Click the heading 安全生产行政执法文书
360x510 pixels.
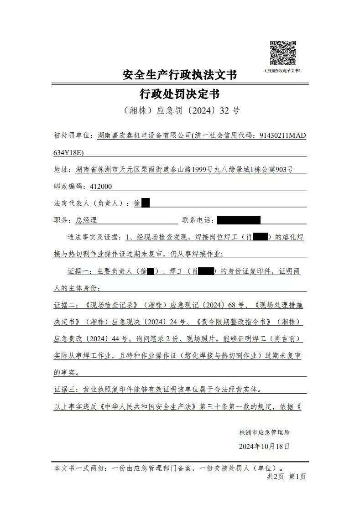(180, 75)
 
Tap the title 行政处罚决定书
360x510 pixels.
(180, 94)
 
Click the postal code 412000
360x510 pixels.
(101, 186)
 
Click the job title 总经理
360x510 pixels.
(86, 220)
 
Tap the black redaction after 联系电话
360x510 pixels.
(239, 220)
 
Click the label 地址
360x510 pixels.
(63, 170)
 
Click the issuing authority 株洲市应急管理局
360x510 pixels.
(264, 432)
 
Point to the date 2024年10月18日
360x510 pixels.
(264, 446)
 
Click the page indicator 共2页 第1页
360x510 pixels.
(286, 477)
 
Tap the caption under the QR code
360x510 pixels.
(282, 71)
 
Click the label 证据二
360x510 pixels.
(66, 305)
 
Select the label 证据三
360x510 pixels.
(66, 390)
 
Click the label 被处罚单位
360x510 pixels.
(73, 136)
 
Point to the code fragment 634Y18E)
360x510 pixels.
(69, 152)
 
